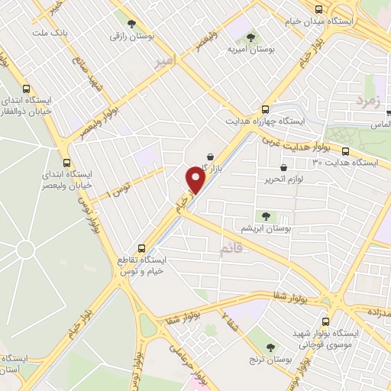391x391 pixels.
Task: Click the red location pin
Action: click(195, 179)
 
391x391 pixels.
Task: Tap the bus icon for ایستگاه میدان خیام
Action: click(320, 8)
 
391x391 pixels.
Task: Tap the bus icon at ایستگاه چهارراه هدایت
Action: click(266, 108)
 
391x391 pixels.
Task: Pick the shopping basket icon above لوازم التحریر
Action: click(284, 166)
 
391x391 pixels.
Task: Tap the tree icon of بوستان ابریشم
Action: click(265, 216)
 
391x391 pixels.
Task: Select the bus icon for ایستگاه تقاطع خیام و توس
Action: click(141, 248)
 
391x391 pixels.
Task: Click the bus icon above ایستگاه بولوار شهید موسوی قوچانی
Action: click(327, 322)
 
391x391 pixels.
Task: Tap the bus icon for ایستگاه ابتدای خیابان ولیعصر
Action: click(68, 162)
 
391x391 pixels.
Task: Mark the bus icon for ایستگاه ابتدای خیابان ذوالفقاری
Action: click(27, 88)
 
